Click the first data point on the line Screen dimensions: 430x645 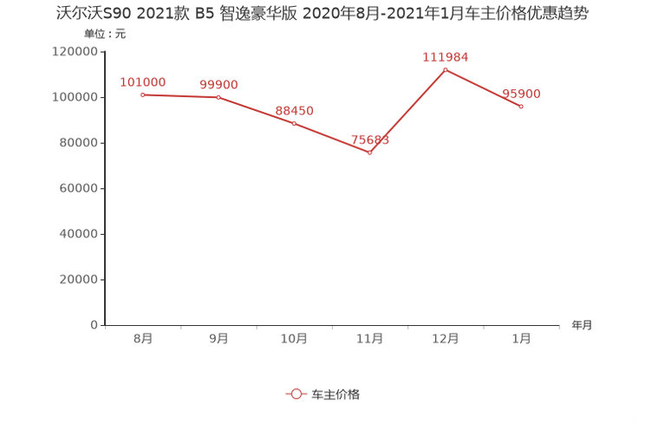coord(141,94)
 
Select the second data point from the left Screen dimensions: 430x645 coord(218,96)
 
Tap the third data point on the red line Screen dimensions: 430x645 coord(294,124)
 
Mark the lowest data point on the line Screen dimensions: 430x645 coord(370,153)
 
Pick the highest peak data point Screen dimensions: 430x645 coord(446,68)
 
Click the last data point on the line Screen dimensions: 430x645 coord(521,106)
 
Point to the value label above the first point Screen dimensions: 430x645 coord(142,81)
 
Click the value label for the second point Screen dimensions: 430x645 coord(218,84)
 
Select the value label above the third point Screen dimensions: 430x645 coord(295,112)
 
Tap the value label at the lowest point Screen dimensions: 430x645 coord(371,139)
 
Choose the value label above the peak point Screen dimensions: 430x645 coord(446,56)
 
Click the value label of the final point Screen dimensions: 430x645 coord(522,93)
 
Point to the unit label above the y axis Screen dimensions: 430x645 coord(104,35)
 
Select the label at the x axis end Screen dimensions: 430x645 coord(582,326)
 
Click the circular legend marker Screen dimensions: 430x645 coord(296,394)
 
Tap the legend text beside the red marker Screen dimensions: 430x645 coord(336,394)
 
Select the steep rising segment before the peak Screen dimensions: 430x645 coord(407,111)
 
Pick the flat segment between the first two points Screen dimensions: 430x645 coord(179,95)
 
